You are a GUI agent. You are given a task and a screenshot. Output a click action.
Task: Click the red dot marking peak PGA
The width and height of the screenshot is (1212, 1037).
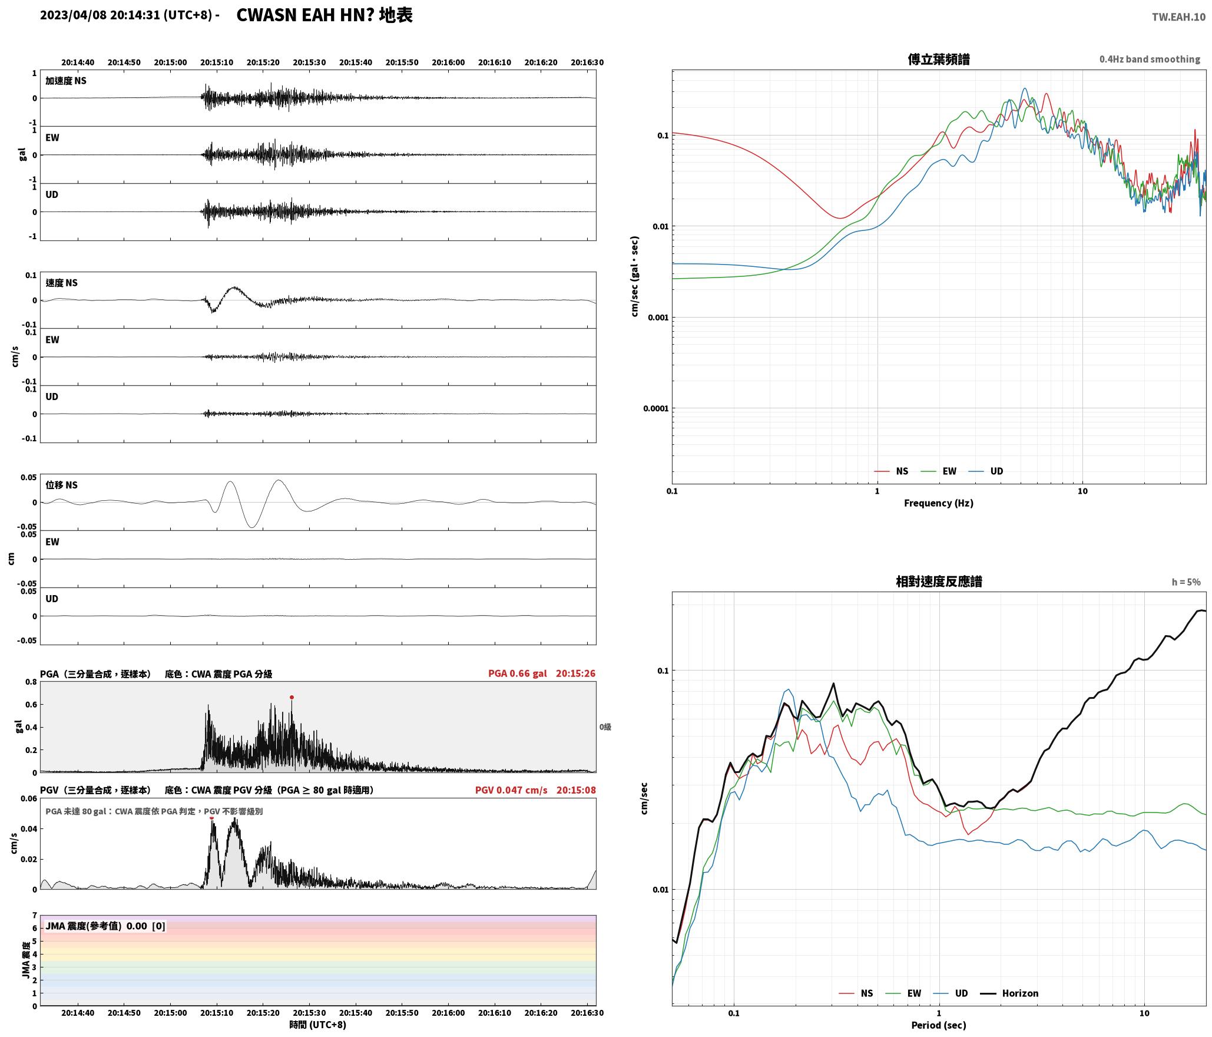coord(292,698)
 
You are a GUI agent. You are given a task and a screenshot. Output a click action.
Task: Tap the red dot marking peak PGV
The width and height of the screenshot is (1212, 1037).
coord(212,817)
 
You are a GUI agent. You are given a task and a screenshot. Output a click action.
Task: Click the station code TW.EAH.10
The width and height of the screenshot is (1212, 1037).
coord(1178,17)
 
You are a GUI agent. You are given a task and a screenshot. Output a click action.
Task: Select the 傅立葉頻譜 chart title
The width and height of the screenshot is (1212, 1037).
coord(939,60)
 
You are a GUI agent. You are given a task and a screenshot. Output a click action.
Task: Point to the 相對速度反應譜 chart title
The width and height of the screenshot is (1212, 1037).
coord(939,582)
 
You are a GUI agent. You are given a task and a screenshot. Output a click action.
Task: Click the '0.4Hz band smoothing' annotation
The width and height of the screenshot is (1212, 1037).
coord(1150,60)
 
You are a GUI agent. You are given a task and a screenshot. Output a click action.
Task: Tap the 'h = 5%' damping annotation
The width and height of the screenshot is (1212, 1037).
coord(1185,582)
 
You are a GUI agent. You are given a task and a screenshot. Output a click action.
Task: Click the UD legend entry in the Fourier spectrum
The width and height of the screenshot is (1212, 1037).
coord(986,471)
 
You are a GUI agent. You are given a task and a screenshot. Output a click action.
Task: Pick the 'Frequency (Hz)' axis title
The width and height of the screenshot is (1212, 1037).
coord(939,503)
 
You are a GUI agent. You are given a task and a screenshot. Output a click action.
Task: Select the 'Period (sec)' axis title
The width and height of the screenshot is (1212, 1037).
coord(939,1025)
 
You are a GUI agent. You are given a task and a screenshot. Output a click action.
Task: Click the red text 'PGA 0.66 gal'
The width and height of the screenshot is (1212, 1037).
coord(517,673)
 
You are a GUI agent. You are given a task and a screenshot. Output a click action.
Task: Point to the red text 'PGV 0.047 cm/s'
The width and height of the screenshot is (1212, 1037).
coord(511,790)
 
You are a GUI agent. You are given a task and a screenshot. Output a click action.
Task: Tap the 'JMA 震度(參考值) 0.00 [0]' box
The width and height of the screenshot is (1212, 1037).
coord(105,926)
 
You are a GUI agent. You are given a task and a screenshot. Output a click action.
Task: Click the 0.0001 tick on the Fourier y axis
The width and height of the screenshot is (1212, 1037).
coord(654,409)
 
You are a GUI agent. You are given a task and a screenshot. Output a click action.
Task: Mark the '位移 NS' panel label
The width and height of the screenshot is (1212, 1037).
coord(62,486)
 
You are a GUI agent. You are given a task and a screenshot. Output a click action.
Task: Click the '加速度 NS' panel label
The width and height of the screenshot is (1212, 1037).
coord(66,81)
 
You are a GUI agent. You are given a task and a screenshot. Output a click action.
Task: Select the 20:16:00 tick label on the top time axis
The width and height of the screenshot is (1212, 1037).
coord(448,62)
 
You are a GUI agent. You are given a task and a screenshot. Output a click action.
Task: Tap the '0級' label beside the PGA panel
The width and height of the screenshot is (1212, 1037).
coord(605,727)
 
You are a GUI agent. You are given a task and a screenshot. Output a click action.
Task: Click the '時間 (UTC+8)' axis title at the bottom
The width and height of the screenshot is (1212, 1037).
coord(317,1025)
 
